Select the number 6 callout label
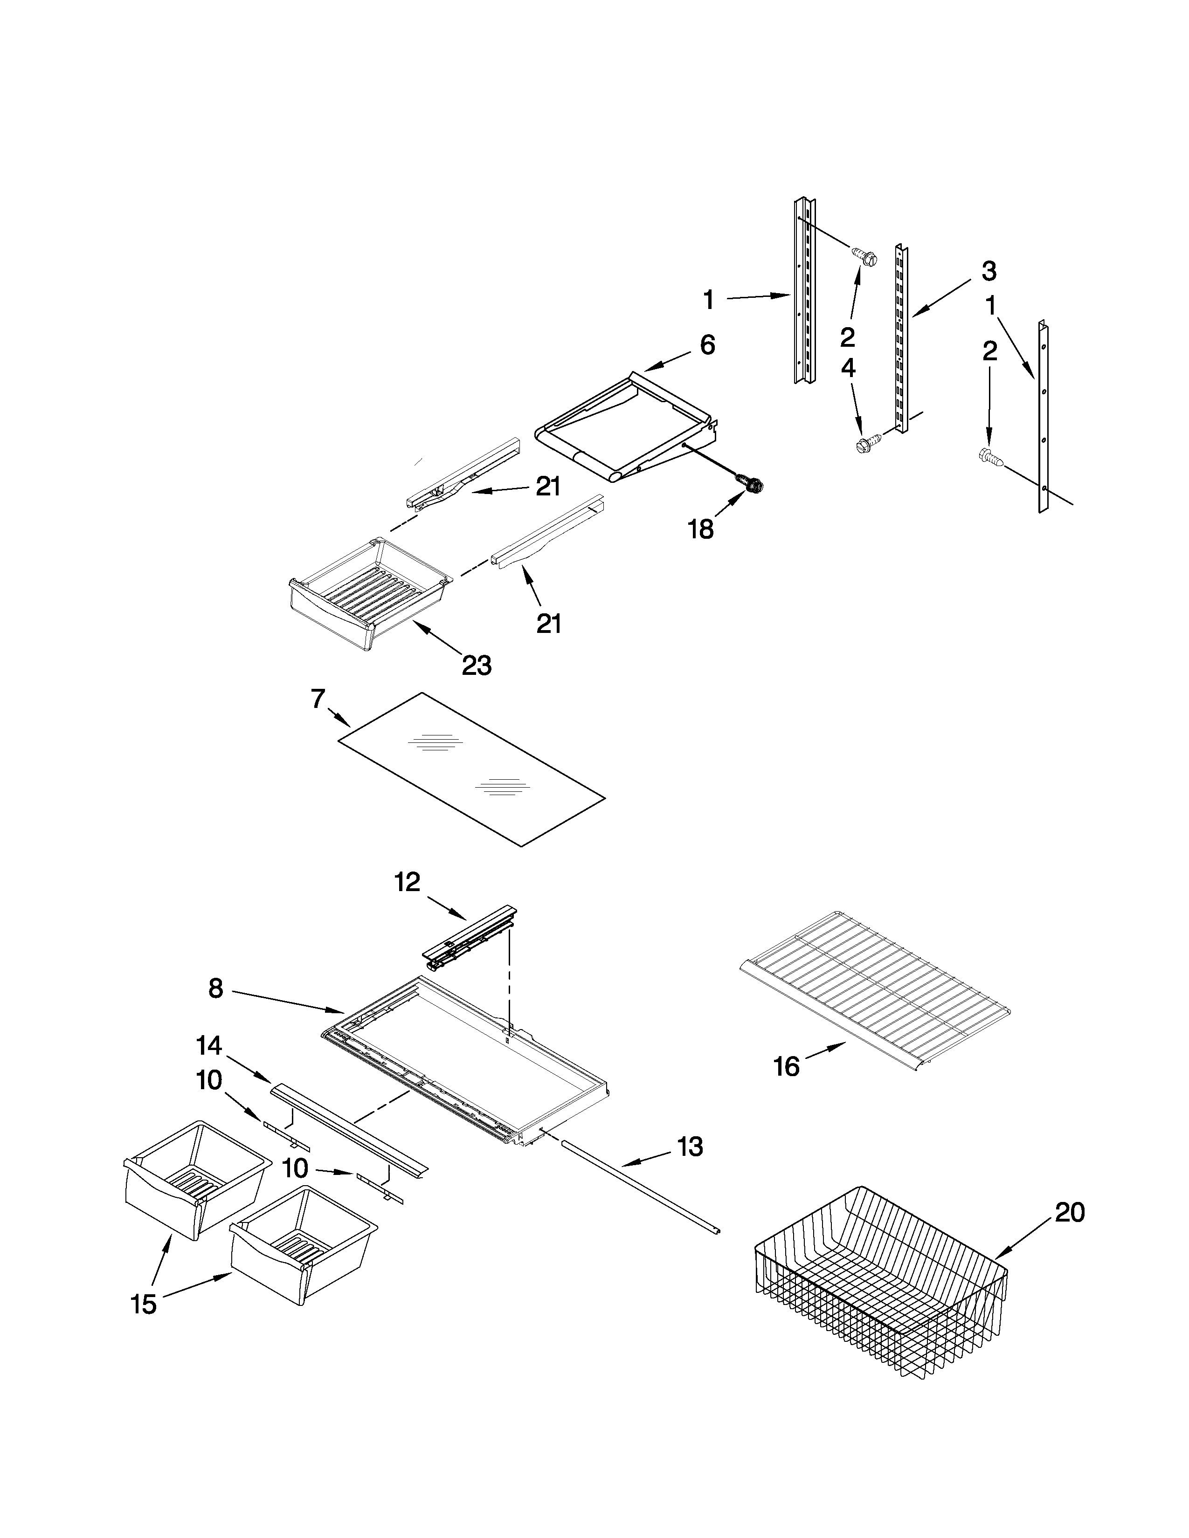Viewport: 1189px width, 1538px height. tap(707, 345)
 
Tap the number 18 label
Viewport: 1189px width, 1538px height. tap(701, 529)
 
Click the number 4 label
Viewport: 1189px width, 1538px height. tap(848, 368)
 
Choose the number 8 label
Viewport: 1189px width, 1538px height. tap(215, 989)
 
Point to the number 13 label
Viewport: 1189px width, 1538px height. tap(690, 1147)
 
